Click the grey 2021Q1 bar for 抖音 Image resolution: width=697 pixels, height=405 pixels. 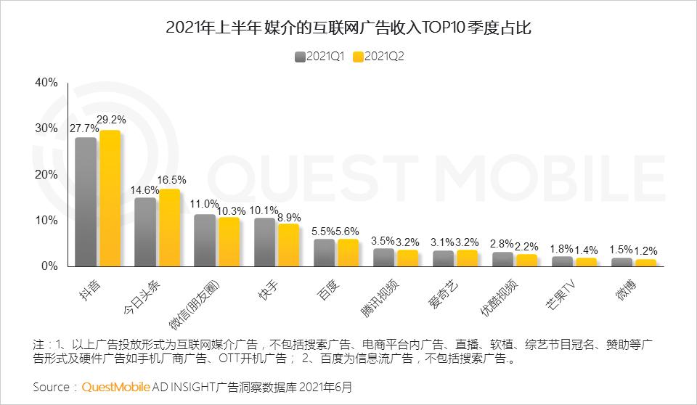coord(86,202)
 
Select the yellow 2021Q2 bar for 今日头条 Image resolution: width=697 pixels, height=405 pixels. coord(169,228)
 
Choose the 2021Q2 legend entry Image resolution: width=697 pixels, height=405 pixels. coord(378,57)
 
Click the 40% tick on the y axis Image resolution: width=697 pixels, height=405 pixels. coord(46,83)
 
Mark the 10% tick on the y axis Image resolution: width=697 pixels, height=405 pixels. coord(46,221)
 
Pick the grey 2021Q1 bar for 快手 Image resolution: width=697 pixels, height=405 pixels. coord(265,242)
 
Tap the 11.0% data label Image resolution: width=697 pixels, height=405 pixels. coord(205,204)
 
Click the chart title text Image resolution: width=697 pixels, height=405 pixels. coord(348,28)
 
